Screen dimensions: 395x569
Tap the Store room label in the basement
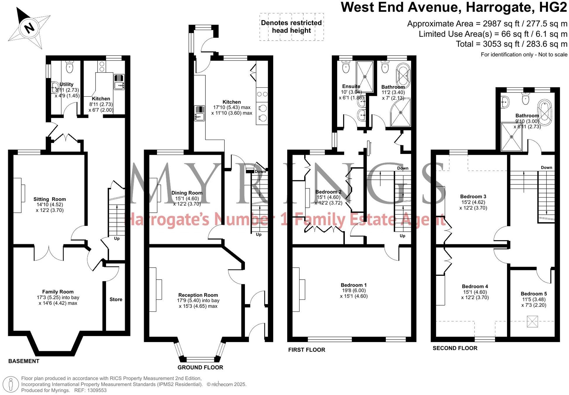click(x=116, y=299)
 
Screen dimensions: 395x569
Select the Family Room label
click(x=58, y=292)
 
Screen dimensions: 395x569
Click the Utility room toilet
click(x=70, y=67)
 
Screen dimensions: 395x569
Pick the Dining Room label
click(x=187, y=193)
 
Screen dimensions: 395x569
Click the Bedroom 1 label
click(x=354, y=285)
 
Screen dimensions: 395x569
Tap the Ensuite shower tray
click(x=365, y=77)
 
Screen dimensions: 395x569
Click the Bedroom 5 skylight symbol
click(x=532, y=322)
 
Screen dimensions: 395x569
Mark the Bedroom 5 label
click(x=534, y=294)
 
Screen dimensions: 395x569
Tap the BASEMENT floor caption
click(x=24, y=361)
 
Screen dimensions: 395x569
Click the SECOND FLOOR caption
click(x=455, y=348)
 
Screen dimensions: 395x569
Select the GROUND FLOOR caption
click(x=200, y=368)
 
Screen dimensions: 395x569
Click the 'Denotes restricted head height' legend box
click(x=291, y=27)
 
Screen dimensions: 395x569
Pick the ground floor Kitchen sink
click(x=200, y=113)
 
